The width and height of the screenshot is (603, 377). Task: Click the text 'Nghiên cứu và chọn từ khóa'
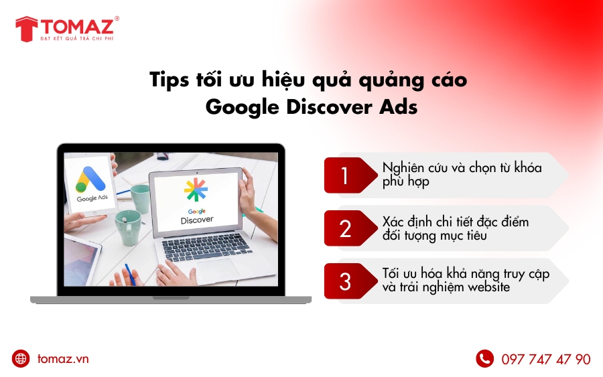tap(462, 167)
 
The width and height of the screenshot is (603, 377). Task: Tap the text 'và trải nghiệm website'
tap(446, 287)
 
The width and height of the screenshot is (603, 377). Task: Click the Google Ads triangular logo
tap(92, 179)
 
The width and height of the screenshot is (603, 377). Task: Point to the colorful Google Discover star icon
tap(196, 191)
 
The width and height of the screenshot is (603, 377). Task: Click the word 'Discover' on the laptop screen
tap(197, 220)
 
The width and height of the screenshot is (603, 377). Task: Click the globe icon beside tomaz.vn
tap(21, 359)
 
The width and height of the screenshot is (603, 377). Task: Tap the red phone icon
tap(484, 359)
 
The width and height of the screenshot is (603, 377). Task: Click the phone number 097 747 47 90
tap(545, 360)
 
